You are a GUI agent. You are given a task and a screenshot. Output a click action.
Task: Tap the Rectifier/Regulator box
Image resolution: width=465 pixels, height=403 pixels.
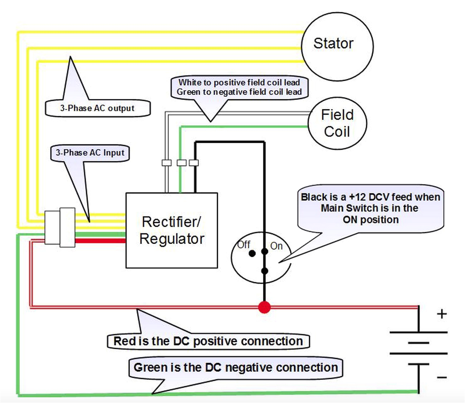tap(172, 230)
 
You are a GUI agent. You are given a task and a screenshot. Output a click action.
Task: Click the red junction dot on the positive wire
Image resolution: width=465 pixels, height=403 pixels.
tap(264, 307)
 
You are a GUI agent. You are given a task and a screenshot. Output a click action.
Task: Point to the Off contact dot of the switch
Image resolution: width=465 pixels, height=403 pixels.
tap(252, 253)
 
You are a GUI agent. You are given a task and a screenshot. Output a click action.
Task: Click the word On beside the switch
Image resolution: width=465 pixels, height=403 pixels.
tap(276, 246)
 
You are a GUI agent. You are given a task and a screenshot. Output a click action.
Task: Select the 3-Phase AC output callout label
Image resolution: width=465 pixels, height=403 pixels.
tap(97, 108)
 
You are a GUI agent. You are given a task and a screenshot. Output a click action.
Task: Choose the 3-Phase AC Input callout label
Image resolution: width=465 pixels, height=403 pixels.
tap(90, 153)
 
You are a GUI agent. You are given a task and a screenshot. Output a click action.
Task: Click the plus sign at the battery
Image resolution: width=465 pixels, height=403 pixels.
tap(442, 314)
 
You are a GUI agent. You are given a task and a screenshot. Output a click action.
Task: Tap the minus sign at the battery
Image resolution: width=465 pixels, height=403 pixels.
tap(442, 377)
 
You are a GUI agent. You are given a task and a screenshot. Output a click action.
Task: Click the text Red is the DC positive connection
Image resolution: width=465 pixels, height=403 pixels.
tap(208, 341)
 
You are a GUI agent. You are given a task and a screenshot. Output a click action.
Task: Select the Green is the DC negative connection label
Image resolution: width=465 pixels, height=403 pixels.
tap(235, 367)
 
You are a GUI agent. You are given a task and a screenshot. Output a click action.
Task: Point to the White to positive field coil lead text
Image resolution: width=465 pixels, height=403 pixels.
tap(239, 83)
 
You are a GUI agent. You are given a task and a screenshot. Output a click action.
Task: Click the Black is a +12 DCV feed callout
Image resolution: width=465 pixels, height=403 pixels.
tap(371, 208)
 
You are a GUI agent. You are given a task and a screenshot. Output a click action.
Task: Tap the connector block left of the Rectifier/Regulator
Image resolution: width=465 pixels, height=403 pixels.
tap(60, 227)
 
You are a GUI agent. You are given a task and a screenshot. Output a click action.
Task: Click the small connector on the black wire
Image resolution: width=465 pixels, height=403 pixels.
tap(194, 163)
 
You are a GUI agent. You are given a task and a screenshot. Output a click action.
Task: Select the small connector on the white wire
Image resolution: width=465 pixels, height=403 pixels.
tap(167, 163)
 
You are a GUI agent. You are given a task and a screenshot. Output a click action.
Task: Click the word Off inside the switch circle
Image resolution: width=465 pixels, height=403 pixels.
tap(244, 245)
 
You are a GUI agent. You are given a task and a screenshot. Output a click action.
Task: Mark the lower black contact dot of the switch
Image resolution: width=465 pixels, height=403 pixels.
tap(264, 271)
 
